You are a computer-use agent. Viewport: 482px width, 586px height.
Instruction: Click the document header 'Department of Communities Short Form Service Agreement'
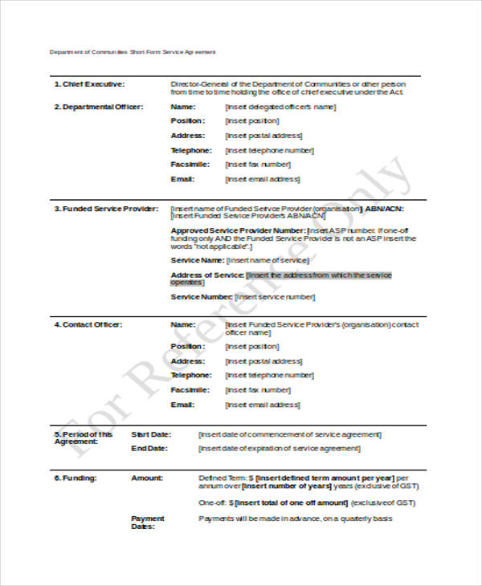[133, 51]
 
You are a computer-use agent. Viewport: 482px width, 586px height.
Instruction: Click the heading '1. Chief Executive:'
[89, 83]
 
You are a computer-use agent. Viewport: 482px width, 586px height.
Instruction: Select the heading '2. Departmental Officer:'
[98, 106]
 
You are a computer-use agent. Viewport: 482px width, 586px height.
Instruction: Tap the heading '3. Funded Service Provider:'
[104, 209]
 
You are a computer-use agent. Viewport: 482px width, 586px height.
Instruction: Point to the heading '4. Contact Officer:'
[88, 324]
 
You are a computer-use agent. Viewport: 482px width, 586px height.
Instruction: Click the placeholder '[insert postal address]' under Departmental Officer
[264, 136]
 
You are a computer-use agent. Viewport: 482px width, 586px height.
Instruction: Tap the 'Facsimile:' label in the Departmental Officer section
[190, 165]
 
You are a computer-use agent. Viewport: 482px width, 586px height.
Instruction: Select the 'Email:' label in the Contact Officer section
[182, 405]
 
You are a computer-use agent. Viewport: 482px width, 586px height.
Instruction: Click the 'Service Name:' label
[197, 260]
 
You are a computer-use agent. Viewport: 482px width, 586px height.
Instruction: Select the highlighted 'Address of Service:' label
[206, 275]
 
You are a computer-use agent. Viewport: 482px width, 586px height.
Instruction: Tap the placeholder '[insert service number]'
[272, 297]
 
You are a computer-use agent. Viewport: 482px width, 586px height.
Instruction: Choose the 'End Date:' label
[149, 448]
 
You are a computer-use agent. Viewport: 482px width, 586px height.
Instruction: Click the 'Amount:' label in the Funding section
[146, 478]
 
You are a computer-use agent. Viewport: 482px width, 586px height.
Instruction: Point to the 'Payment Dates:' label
[147, 523]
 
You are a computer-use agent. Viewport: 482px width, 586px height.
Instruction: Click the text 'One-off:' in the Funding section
[212, 503]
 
